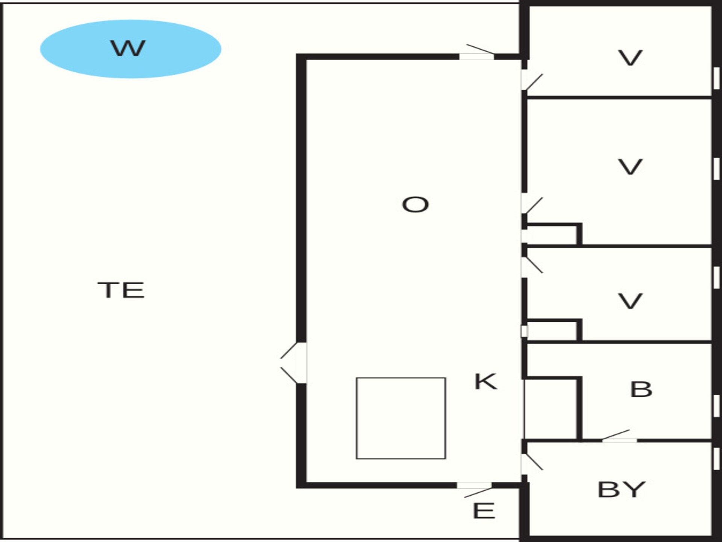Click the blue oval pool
[x=130, y=49]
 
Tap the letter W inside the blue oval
[x=128, y=48]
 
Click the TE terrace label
[x=121, y=290]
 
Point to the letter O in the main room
[x=415, y=205]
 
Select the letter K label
[x=485, y=382]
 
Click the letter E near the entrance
[x=484, y=511]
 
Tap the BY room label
[x=621, y=490]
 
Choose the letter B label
[x=641, y=390]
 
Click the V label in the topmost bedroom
[x=630, y=58]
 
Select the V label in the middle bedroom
[x=630, y=167]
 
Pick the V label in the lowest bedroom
[x=630, y=301]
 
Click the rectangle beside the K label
[x=401, y=418]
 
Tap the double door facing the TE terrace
[x=294, y=363]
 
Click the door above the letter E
[x=475, y=489]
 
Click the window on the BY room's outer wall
[x=716, y=459]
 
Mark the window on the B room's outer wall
[x=716, y=406]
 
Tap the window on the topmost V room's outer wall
[x=716, y=78]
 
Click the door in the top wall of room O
[x=476, y=53]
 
